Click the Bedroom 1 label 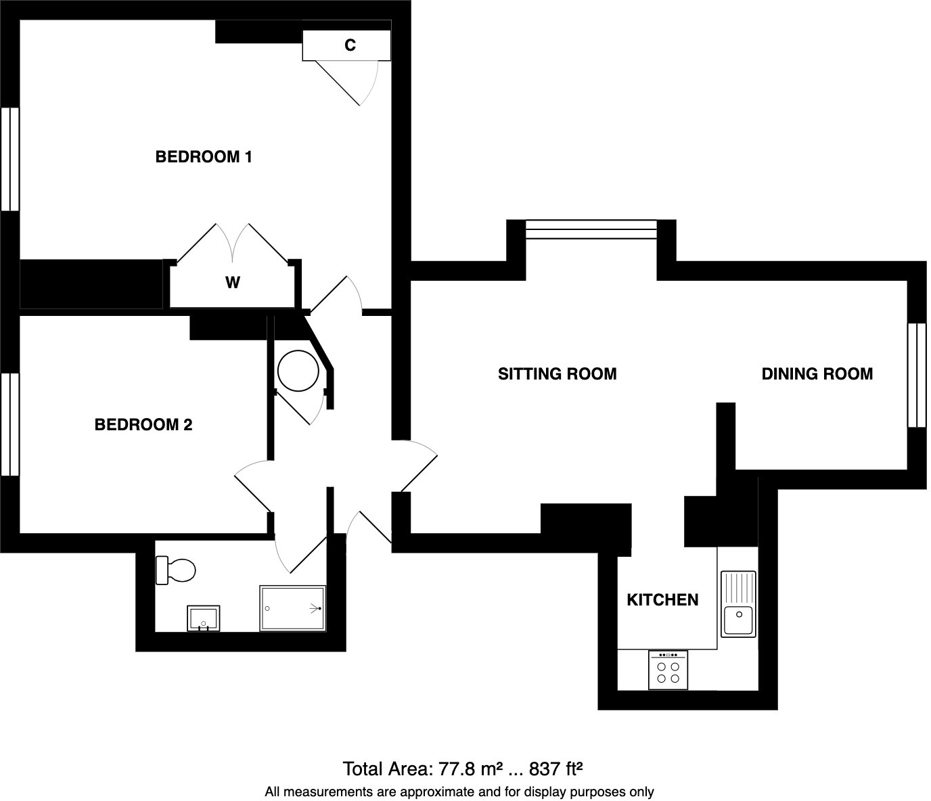(204, 157)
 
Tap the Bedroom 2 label (143, 425)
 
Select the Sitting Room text (557, 374)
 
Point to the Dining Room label (817, 374)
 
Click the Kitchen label (662, 600)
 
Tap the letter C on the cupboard (350, 45)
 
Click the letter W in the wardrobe (232, 283)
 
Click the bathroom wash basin (204, 618)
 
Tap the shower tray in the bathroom (293, 608)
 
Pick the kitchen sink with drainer (737, 603)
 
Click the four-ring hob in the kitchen (668, 670)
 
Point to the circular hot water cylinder (298, 371)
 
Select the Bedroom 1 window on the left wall (10, 159)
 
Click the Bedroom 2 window (10, 424)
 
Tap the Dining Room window (916, 375)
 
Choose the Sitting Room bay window (591, 230)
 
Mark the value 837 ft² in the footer (555, 769)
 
